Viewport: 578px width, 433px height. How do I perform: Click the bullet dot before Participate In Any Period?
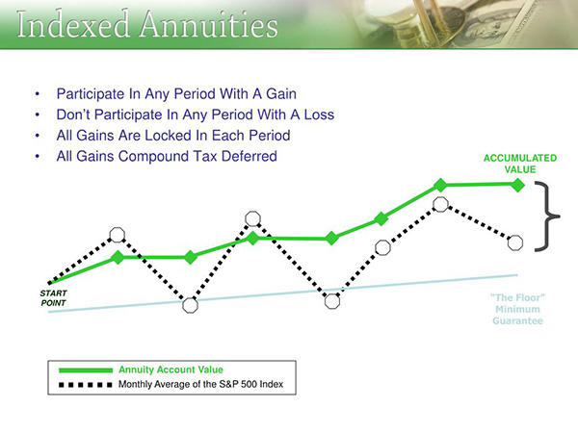tap(38, 95)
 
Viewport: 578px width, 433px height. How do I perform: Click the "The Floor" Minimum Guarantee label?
tap(518, 309)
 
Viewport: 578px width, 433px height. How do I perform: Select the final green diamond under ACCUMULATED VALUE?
tap(517, 184)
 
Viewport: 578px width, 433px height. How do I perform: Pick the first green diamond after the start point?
tap(118, 257)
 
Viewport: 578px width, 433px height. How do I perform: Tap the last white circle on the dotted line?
tap(514, 242)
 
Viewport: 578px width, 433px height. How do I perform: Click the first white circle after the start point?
tap(117, 234)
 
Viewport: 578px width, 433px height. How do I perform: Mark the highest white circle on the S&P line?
tap(440, 204)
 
